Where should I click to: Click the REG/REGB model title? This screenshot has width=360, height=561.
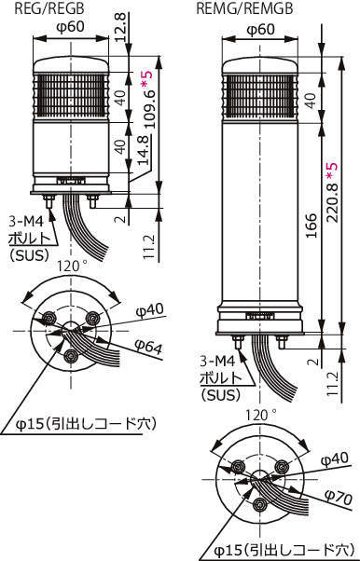click(49, 8)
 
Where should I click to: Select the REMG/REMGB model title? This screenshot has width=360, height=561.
click(244, 8)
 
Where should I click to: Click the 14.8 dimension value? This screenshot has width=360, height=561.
click(144, 149)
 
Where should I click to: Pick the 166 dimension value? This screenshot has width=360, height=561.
click(312, 226)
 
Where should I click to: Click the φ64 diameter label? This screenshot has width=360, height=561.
click(148, 346)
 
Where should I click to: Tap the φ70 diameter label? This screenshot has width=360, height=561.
click(339, 498)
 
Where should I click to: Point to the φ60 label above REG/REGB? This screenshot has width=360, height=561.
click(71, 27)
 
